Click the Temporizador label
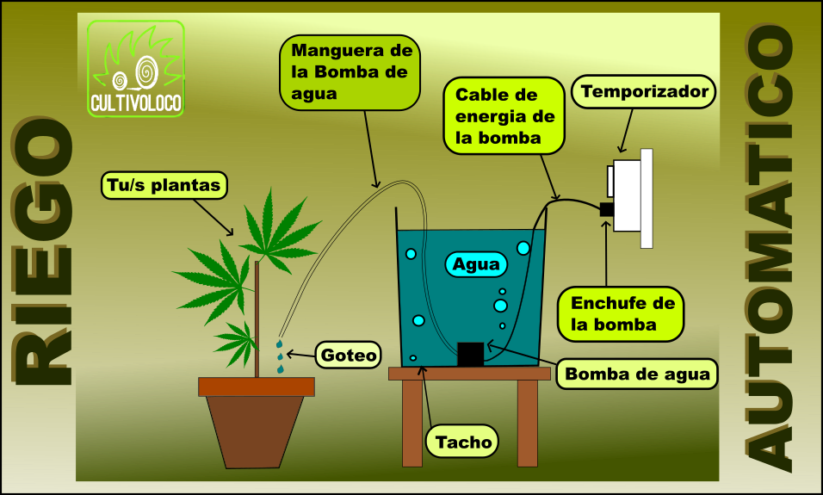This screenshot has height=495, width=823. [644, 91]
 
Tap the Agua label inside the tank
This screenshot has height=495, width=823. [476, 264]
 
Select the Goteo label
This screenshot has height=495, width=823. [349, 355]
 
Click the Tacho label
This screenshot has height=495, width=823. [463, 442]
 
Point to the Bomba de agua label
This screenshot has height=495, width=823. [638, 374]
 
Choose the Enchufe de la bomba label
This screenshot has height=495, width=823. [622, 313]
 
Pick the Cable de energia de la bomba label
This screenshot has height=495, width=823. [504, 115]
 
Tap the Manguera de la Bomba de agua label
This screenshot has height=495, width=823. [349, 71]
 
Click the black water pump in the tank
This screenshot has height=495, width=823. [470, 354]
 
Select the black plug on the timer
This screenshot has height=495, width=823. [607, 208]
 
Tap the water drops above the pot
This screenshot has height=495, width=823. [280, 356]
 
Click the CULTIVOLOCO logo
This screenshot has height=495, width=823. [136, 69]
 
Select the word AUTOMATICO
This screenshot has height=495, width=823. [770, 250]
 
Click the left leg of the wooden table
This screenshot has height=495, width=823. [412, 422]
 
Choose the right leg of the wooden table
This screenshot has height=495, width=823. [527, 422]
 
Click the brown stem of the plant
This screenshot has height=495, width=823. [257, 319]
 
